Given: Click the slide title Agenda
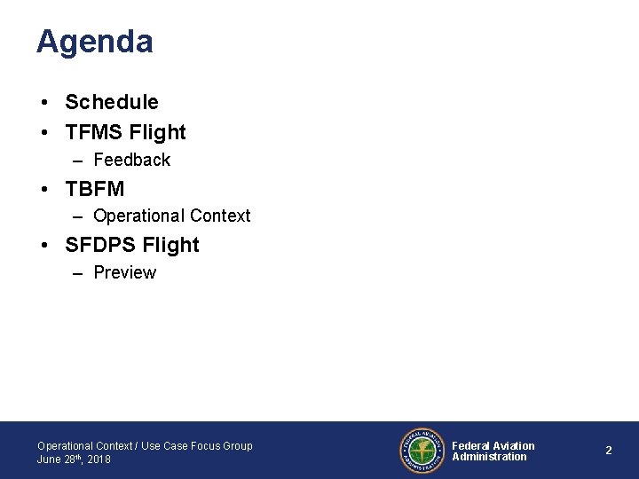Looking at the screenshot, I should point(94,42).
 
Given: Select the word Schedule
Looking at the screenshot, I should point(112,103).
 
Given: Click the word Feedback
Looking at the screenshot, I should point(131,161).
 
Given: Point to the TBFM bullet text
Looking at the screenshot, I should point(95,189).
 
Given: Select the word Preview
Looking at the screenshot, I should point(124,272).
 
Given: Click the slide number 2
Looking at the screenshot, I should point(609,451).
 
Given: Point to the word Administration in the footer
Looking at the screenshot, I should point(489,457).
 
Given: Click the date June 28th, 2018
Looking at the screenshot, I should point(74,459).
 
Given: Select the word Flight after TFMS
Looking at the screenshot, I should point(157,133).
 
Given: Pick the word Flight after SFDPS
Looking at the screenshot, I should point(172,245).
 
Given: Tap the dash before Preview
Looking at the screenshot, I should point(78,273).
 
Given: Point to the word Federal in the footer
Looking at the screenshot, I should point(470,445).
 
